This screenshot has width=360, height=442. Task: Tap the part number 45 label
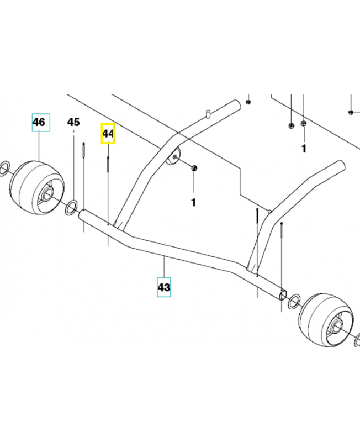tap(73, 122)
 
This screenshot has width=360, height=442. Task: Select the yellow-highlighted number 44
tap(108, 134)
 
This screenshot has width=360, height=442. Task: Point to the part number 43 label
tap(163, 287)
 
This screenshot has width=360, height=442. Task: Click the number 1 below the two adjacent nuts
tap(303, 149)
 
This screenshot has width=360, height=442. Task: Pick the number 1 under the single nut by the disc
tap(193, 203)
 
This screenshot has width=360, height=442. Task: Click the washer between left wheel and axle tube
tap(71, 209)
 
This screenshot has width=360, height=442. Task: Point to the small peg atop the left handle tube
tap(209, 113)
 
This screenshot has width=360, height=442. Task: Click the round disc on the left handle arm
tap(173, 157)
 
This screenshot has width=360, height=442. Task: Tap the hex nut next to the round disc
tap(194, 167)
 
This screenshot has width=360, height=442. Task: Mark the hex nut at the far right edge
tap(352, 113)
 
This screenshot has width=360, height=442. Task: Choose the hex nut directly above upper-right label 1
tap(303, 123)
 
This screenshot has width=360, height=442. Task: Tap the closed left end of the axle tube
tap(82, 216)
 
